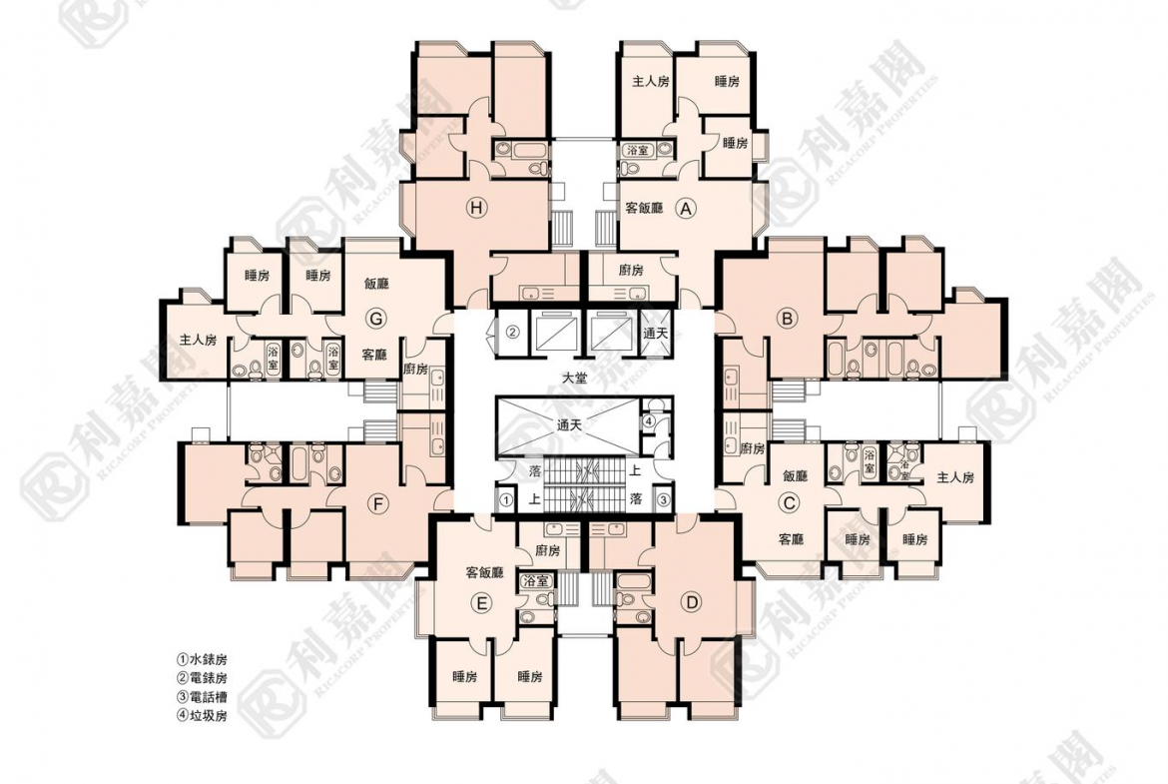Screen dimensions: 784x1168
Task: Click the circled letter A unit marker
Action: (x=685, y=209)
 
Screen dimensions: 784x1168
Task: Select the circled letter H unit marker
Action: (x=477, y=209)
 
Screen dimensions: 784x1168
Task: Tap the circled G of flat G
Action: (x=375, y=319)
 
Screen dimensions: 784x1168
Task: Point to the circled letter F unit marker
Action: (x=377, y=504)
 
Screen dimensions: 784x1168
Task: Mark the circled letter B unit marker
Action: (x=787, y=319)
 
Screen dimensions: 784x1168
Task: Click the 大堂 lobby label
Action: (x=574, y=379)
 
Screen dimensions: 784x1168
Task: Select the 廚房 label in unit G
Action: (x=415, y=370)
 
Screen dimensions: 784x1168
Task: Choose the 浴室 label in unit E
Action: (x=535, y=580)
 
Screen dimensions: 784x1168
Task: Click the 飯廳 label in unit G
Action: (x=376, y=284)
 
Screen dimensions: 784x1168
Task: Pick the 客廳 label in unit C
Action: (x=791, y=539)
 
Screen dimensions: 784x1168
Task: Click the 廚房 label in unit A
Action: (x=630, y=271)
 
